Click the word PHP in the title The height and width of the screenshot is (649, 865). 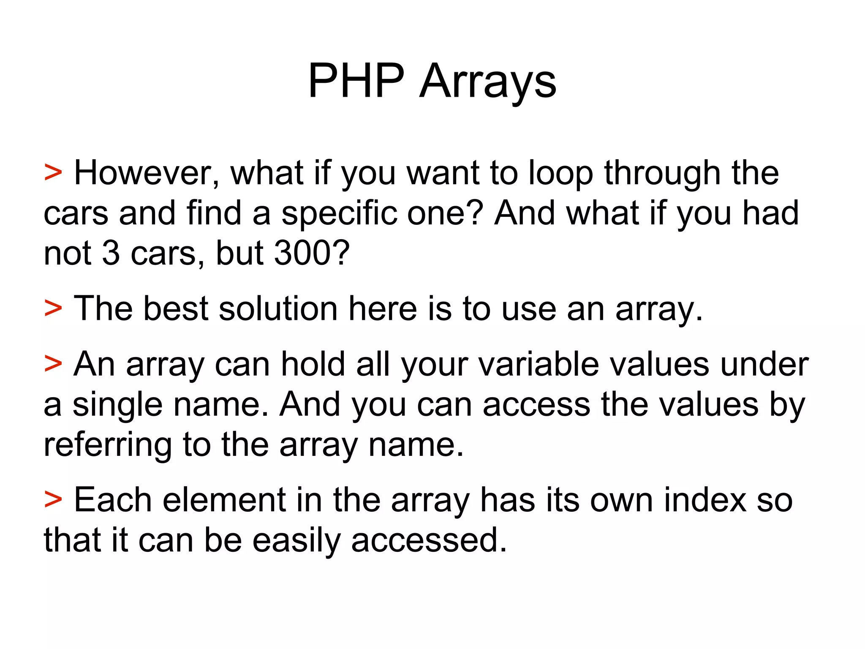coord(356,81)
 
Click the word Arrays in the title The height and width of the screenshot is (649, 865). coord(488,82)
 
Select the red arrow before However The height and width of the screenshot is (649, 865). coord(53,173)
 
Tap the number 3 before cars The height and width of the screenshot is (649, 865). coord(111,253)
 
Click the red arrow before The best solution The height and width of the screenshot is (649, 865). coord(53,308)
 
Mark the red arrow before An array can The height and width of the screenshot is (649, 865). coord(53,363)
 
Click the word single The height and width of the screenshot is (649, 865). coord(117,405)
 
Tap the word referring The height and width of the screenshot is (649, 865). coord(108,445)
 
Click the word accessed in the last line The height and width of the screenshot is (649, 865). coord(429,540)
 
